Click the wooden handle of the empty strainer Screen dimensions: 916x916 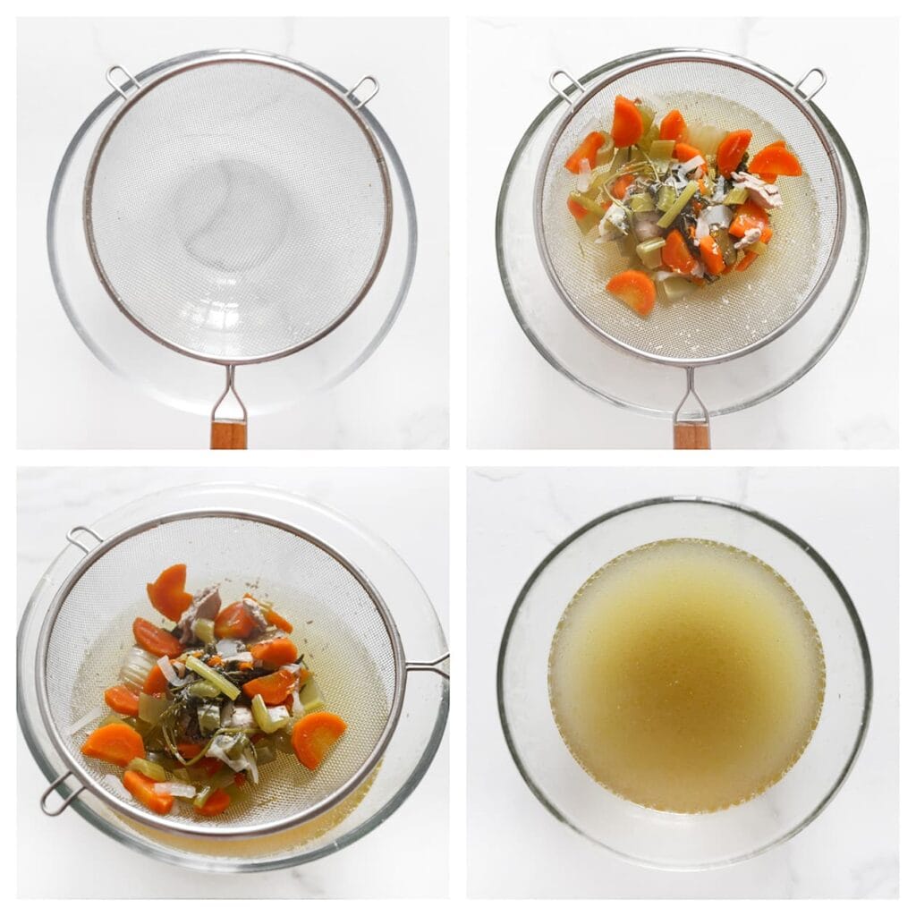(x=228, y=434)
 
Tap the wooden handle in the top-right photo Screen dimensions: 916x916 (x=691, y=435)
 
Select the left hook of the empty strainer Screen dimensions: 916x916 (x=123, y=81)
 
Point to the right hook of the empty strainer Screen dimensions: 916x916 (x=363, y=89)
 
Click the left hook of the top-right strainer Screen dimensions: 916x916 (x=564, y=86)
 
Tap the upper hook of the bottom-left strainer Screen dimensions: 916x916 (x=84, y=539)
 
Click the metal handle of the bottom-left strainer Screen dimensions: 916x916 (x=428, y=666)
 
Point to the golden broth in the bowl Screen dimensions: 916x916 (x=686, y=675)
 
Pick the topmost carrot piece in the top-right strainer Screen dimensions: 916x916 (x=626, y=122)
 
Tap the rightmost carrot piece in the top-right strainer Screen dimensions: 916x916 (x=775, y=160)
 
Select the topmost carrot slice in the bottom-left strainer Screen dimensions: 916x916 (x=169, y=591)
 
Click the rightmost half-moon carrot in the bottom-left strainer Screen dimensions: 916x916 (x=318, y=738)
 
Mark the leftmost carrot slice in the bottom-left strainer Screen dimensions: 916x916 (x=113, y=743)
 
